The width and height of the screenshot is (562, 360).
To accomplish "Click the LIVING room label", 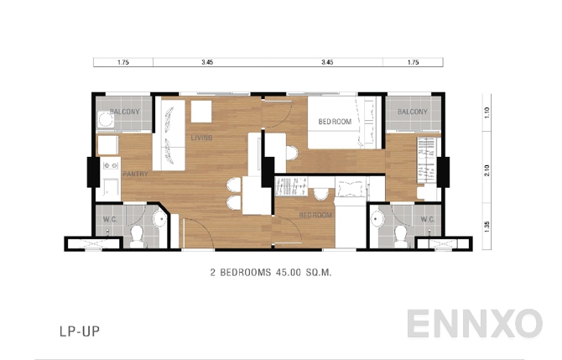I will [x=201, y=138].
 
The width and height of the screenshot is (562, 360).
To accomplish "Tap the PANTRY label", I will [x=135, y=174].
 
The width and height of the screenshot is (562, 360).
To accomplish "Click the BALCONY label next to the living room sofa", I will [x=123, y=112].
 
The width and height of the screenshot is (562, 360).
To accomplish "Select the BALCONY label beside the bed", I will [x=412, y=112].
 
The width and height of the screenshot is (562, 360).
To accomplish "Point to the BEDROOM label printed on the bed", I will [x=335, y=123].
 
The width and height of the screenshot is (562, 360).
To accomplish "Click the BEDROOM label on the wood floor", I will [x=315, y=215].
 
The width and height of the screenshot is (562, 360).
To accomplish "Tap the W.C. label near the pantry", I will [x=111, y=221].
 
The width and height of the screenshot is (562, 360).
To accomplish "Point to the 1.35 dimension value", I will [x=487, y=225].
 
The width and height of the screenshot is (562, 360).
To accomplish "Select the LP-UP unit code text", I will [x=81, y=332].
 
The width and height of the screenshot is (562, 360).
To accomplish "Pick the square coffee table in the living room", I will [x=200, y=112].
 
